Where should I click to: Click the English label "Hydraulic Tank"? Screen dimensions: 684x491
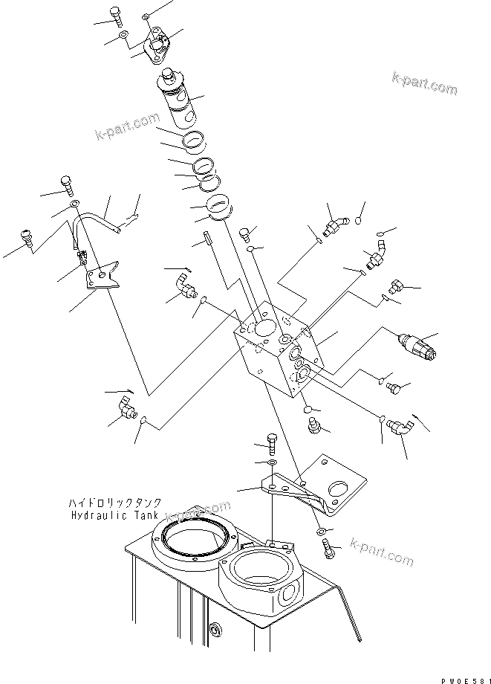111,514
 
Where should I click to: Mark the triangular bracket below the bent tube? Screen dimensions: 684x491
102,274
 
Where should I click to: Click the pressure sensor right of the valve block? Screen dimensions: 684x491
419,346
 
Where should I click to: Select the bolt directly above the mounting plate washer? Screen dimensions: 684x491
271,445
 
